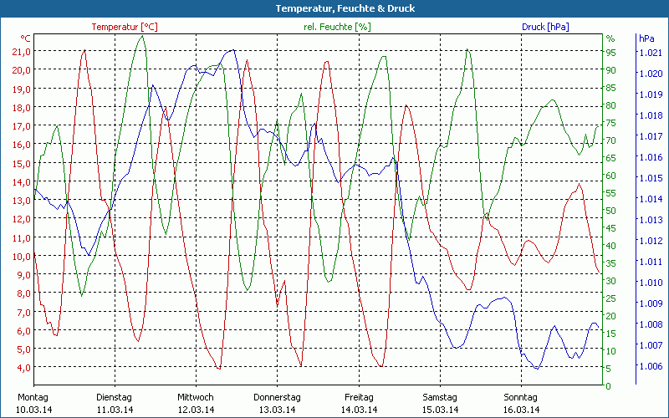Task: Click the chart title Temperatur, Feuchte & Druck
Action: (334, 8)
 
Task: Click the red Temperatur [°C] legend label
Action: (125, 27)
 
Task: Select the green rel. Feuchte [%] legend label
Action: (336, 27)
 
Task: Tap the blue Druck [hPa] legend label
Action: (545, 27)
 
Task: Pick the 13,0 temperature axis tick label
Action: (21, 200)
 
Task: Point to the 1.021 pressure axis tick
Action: (650, 53)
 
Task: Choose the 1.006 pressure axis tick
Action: (650, 366)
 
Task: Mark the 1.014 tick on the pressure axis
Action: (650, 199)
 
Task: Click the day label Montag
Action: (33, 397)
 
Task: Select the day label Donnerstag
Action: (277, 397)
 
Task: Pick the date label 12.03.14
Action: (196, 410)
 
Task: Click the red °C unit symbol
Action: (26, 38)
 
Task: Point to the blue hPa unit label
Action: (646, 38)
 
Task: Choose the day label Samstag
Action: (440, 397)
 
